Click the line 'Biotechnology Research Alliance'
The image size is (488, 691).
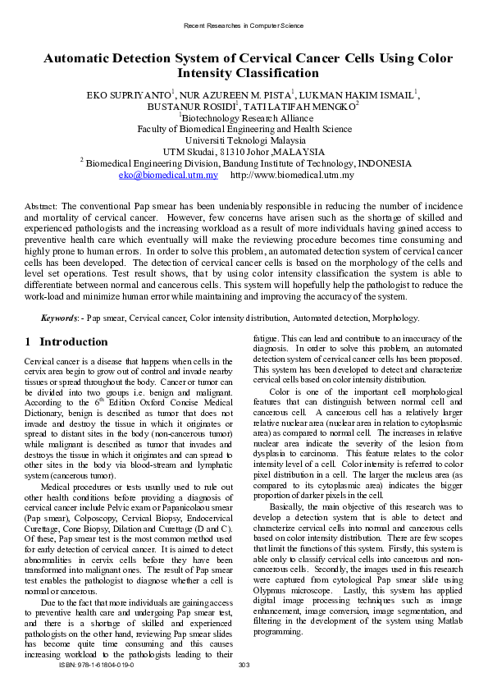tap(245, 117)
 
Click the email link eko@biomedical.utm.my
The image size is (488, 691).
tap(168, 175)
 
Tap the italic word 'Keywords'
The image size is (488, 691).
tap(60, 318)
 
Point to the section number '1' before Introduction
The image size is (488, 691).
tap(28, 341)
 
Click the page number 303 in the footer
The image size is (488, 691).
tap(243, 675)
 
